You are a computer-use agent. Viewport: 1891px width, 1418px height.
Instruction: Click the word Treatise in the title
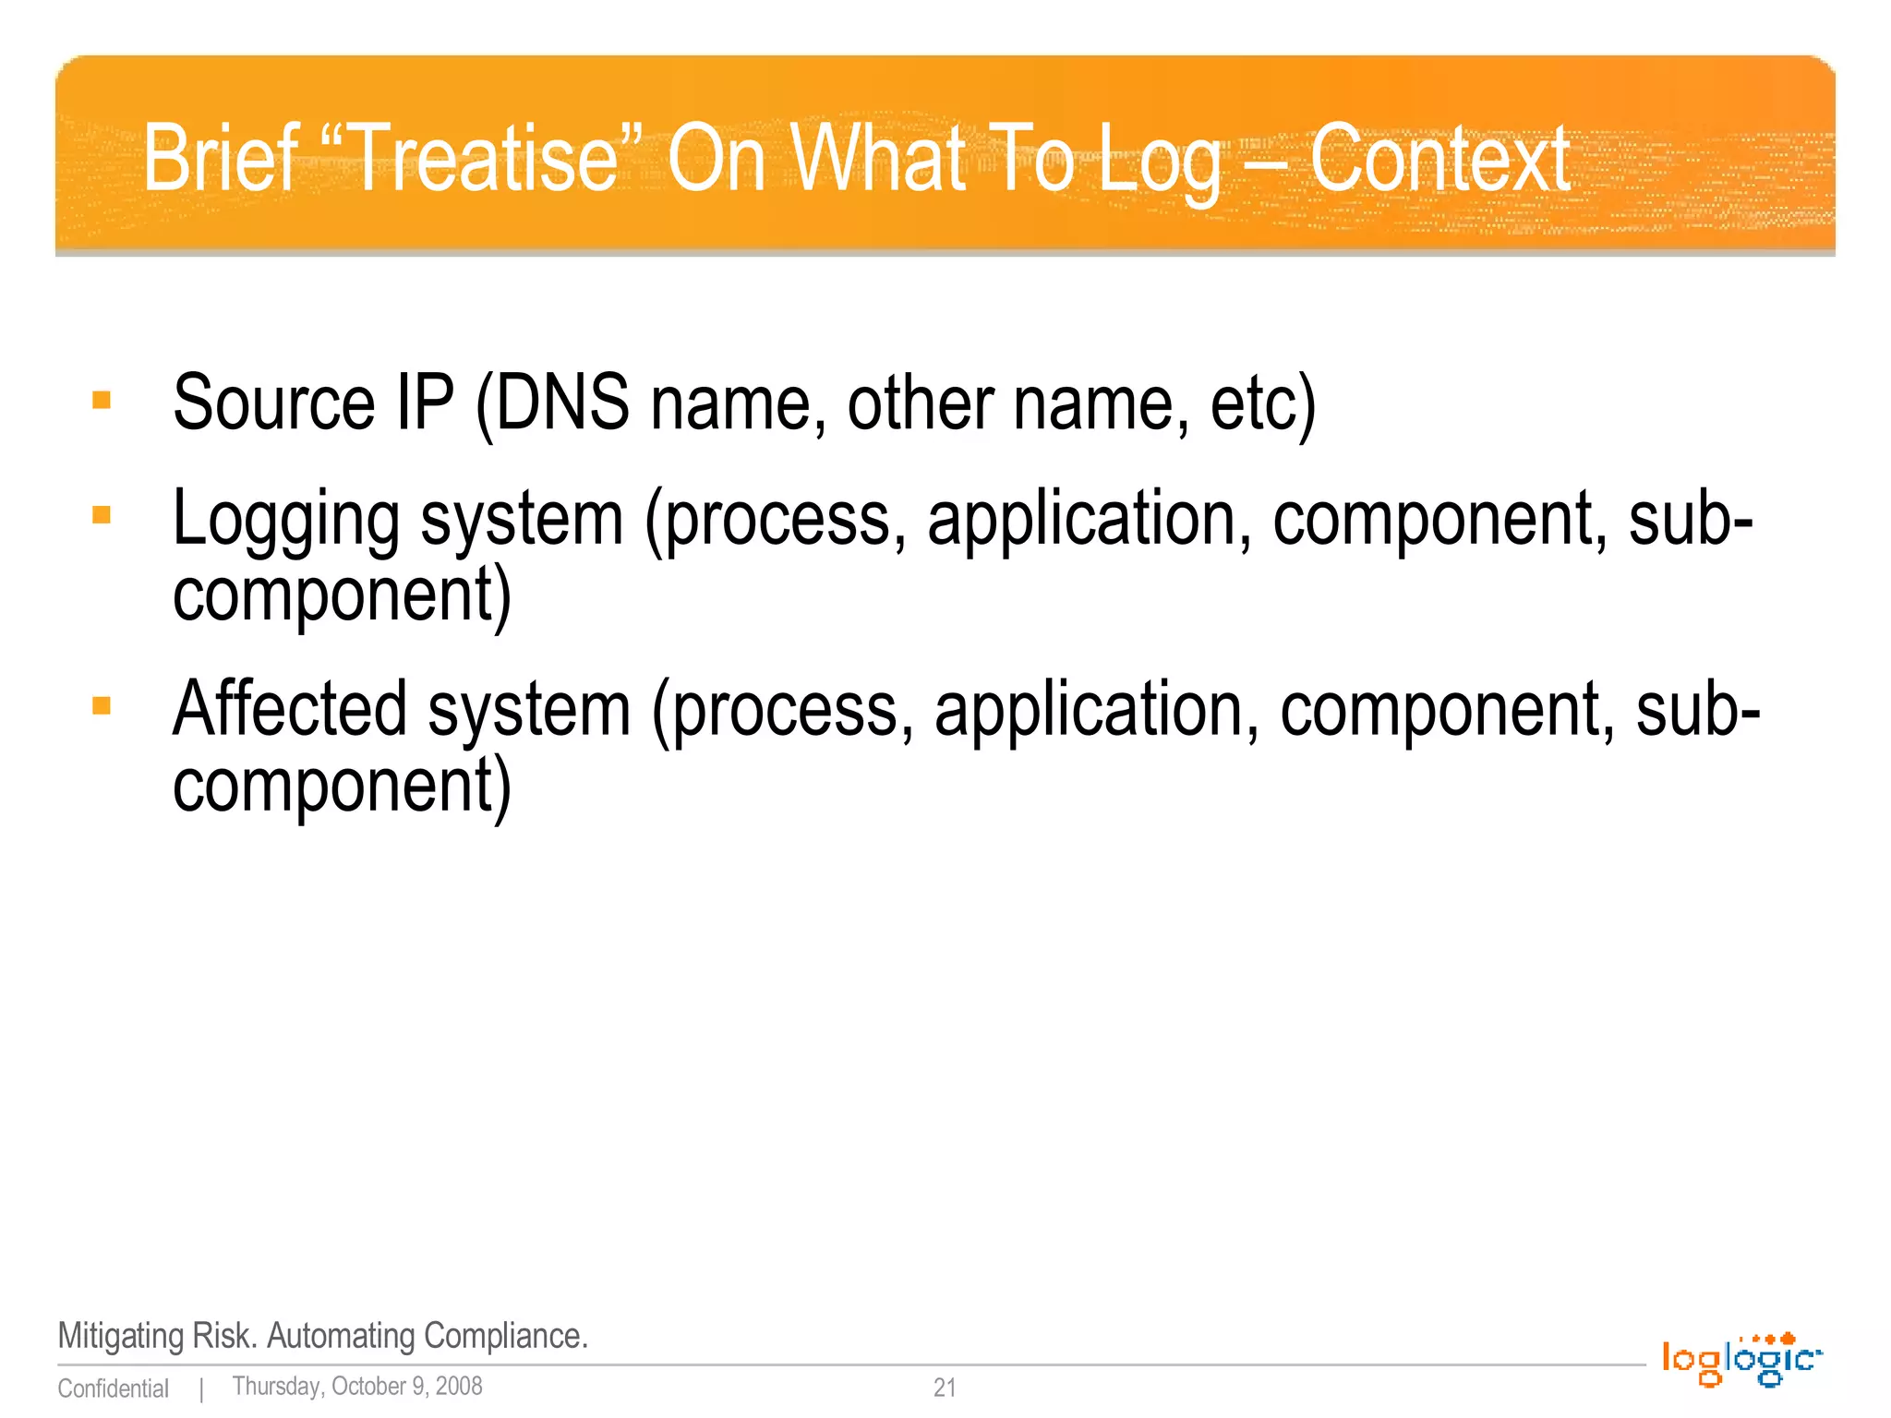pos(485,159)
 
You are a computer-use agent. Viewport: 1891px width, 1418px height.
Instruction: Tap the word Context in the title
pos(1439,159)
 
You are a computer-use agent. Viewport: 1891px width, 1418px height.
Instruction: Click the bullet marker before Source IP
pos(102,401)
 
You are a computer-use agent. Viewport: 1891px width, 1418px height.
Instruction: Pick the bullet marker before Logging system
pos(102,515)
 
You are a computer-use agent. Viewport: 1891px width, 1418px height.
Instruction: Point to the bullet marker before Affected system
pos(102,706)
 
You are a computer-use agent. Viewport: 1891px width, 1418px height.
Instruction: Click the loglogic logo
pos(1740,1359)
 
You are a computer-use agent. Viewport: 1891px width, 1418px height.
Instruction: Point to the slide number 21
pos(945,1387)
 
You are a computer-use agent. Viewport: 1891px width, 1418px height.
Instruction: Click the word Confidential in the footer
pos(113,1388)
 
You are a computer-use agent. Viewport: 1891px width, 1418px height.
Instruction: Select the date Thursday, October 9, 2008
pos(357,1387)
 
